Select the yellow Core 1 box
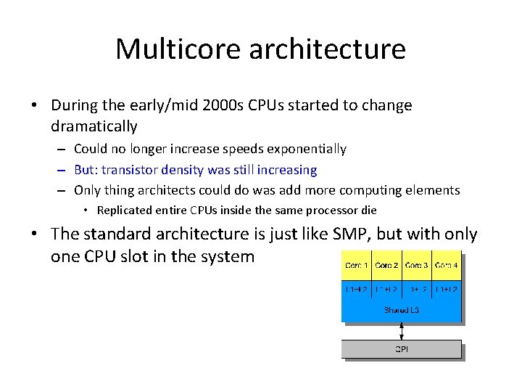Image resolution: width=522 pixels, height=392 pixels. coord(357,266)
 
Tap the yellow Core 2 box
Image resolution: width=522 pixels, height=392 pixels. coord(386,266)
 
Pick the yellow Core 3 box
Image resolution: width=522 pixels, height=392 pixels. coord(416,266)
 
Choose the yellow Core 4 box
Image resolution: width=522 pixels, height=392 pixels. coord(446,266)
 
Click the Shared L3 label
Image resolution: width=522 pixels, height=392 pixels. coord(401,310)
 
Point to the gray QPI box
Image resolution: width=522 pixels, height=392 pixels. coord(401,349)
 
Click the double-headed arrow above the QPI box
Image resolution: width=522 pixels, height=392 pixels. coord(401,330)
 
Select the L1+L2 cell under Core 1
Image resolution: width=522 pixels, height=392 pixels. coord(357,290)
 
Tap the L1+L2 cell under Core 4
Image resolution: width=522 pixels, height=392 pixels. coord(446,290)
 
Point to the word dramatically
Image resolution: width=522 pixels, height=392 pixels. coord(94,126)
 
